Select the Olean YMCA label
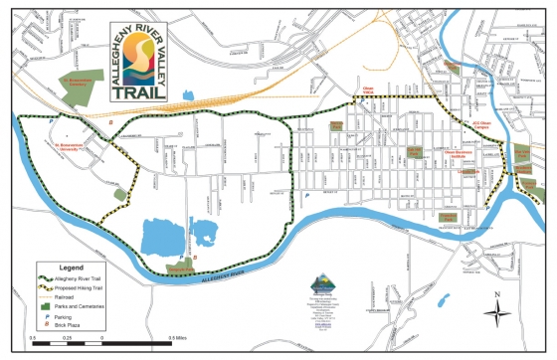point(379,90)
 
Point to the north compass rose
point(495,312)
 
